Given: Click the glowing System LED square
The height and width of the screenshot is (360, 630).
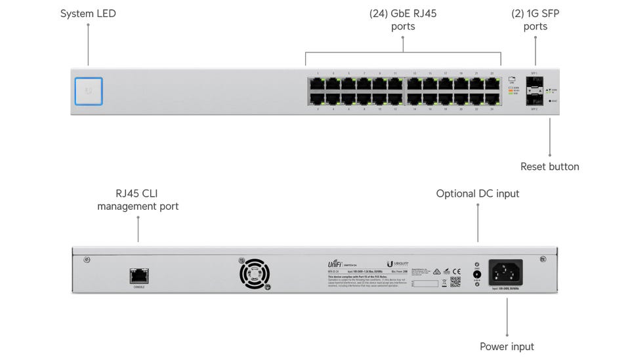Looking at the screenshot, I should pyautogui.click(x=89, y=91).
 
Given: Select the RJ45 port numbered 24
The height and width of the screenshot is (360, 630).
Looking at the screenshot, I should pyautogui.click(x=492, y=99).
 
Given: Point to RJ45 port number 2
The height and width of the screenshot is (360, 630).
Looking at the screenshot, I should pyautogui.click(x=317, y=99).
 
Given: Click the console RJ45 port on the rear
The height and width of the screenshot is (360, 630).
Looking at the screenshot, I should pyautogui.click(x=138, y=276).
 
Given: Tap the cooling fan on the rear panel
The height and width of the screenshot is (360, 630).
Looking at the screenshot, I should pyautogui.click(x=254, y=273).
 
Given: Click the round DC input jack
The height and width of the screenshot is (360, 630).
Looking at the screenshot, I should pyautogui.click(x=477, y=275).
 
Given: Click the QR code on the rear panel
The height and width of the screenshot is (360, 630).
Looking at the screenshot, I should pyautogui.click(x=455, y=281).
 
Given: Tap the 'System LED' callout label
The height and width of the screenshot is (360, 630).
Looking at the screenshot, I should pyautogui.click(x=88, y=13).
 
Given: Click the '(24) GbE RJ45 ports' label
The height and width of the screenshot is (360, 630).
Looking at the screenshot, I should pyautogui.click(x=402, y=20).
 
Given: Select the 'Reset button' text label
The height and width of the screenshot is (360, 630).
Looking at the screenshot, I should pyautogui.click(x=549, y=167).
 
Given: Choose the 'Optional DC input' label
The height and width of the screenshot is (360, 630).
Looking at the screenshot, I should pyautogui.click(x=477, y=193).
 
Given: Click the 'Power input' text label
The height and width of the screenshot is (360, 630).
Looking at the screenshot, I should pyautogui.click(x=507, y=346).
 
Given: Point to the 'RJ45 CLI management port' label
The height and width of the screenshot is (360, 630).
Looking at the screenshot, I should pyautogui.click(x=138, y=199).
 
